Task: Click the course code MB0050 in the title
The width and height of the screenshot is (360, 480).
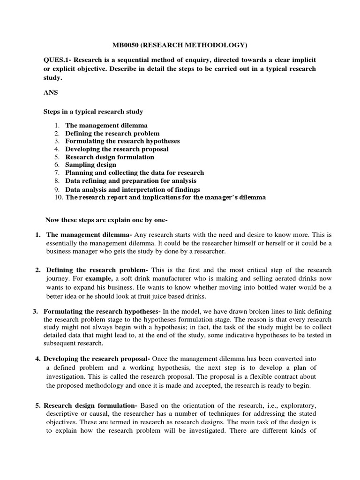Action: tap(125, 45)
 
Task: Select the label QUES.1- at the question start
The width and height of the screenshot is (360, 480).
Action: tap(57, 60)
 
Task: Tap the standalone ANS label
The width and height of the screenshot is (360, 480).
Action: tap(50, 92)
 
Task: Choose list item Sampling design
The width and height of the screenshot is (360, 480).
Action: tap(90, 165)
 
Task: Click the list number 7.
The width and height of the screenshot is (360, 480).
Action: tap(56, 172)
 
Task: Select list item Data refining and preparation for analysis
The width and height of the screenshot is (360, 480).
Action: tap(131, 180)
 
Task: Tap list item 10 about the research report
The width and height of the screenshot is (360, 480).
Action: tap(165, 197)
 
